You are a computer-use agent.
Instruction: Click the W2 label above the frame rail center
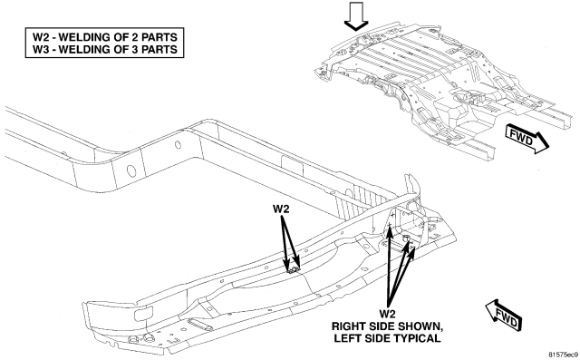pos(281,209)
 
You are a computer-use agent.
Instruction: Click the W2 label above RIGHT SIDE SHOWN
pos(387,314)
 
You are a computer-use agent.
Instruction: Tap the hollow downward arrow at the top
pos(356,16)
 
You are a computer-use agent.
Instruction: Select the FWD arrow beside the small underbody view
pos(527,140)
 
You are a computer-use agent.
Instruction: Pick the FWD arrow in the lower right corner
pos(504,315)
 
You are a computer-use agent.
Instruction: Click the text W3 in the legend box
pos(41,49)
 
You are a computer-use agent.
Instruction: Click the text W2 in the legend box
pos(41,37)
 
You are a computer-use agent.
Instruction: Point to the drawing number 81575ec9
pos(563,354)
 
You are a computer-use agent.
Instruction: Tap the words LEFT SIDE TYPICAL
pos(387,338)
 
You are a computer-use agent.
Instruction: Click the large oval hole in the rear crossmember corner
pos(131,171)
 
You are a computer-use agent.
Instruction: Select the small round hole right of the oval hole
pos(178,145)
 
